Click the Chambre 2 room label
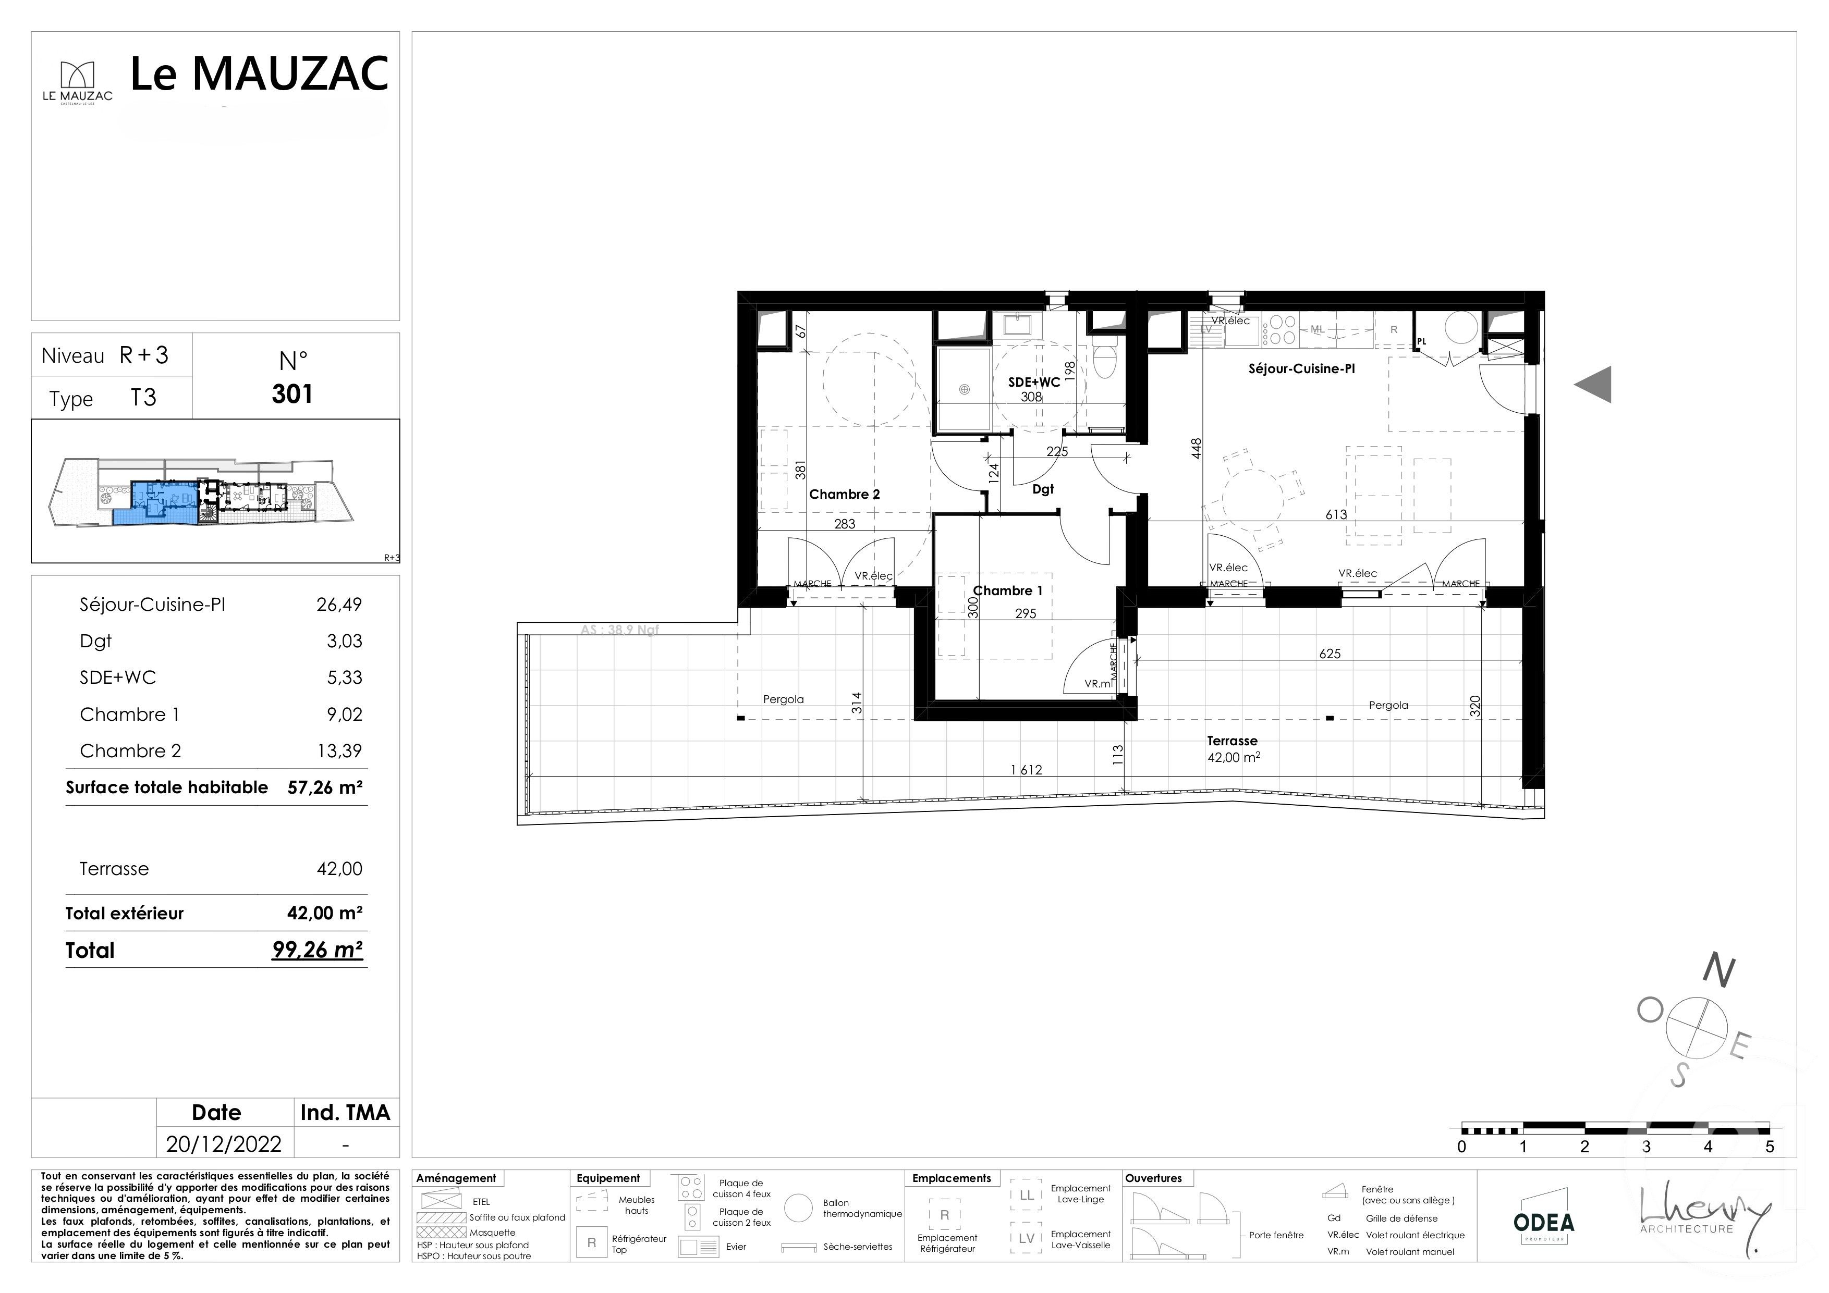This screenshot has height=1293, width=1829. coord(845,495)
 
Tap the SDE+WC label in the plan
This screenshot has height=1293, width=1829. coord(1034,382)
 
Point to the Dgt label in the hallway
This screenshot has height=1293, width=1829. coord(1043,490)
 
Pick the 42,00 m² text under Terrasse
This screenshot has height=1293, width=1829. coord(1233,758)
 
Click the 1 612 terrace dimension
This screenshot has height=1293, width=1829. coord(1026,770)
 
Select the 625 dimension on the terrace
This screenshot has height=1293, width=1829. coord(1330,654)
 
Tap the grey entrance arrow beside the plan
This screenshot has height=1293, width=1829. coord(1593,385)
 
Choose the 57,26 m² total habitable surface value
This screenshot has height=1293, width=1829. coord(324,787)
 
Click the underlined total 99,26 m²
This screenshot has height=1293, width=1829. coord(317,950)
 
